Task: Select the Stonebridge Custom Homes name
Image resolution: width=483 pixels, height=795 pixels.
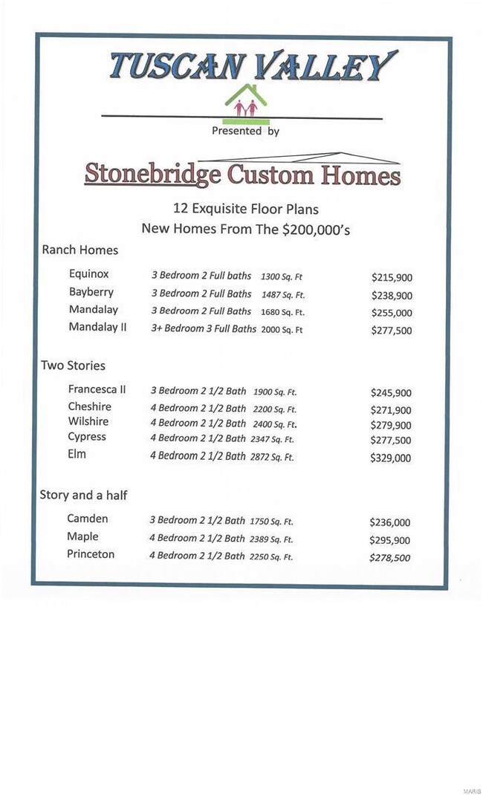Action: [x=242, y=175]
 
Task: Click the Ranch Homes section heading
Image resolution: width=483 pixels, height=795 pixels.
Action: [x=80, y=250]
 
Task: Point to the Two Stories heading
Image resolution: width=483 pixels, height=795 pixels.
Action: [x=73, y=366]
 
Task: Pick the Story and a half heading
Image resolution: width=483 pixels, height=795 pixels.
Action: [x=83, y=496]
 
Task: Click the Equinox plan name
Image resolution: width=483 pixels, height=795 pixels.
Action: [x=89, y=275]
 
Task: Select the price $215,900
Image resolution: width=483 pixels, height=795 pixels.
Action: [x=392, y=278]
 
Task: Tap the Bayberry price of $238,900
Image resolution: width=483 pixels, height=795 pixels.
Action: [x=392, y=295]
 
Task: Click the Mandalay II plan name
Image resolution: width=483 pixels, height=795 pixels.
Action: [x=98, y=327]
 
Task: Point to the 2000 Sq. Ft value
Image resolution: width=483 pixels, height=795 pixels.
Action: [x=282, y=330]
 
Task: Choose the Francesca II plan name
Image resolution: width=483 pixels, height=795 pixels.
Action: [x=97, y=389]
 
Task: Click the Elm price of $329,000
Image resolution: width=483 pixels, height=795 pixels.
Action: [x=390, y=458]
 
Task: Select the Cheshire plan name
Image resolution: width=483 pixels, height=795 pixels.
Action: [x=89, y=406]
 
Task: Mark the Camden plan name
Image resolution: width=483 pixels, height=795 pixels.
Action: [x=88, y=519]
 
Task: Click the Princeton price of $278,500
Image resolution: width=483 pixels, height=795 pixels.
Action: [x=389, y=558]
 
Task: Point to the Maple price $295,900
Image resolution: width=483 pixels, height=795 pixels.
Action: [x=389, y=540]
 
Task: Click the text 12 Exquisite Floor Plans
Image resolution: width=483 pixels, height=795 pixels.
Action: [x=245, y=210]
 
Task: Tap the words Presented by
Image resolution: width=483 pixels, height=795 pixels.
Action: [x=245, y=131]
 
